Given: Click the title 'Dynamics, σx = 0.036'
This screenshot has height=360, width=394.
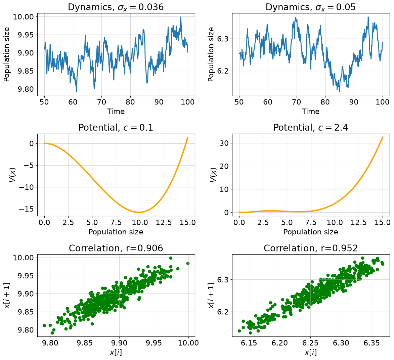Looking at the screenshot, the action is [x=116, y=7].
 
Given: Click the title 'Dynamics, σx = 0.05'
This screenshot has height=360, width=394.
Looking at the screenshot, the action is [x=311, y=7].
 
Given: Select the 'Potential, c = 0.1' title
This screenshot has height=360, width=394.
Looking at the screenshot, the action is [x=116, y=127].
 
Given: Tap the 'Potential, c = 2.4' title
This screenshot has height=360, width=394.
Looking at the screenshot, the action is [x=311, y=127].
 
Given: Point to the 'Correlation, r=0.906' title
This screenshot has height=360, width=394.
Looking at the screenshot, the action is [x=116, y=248].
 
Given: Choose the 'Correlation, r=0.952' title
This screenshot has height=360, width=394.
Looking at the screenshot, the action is [x=311, y=248].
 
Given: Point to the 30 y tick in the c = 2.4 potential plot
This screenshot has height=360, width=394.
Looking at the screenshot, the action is [x=225, y=143].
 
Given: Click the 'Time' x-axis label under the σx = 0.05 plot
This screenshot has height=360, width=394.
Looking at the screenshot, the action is [x=311, y=111].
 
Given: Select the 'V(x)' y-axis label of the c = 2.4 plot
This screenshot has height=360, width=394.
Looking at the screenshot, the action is [x=212, y=175].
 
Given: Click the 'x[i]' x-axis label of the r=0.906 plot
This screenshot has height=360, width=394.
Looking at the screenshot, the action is [x=116, y=353].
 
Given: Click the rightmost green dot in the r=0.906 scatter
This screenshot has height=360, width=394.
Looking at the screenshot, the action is [x=188, y=263].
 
